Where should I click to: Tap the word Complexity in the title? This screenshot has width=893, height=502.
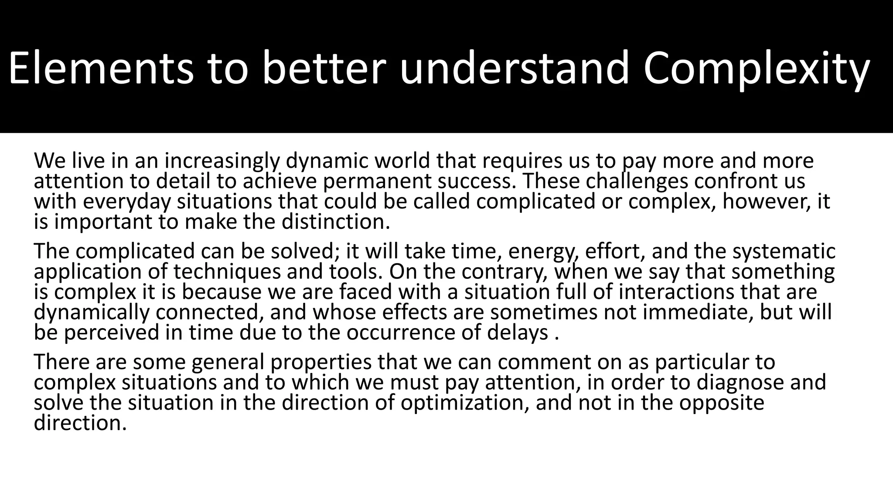[756, 69]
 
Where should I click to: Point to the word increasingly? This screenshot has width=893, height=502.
[223, 161]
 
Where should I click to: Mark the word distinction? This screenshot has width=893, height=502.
[335, 222]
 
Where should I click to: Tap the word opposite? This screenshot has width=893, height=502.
[722, 403]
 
